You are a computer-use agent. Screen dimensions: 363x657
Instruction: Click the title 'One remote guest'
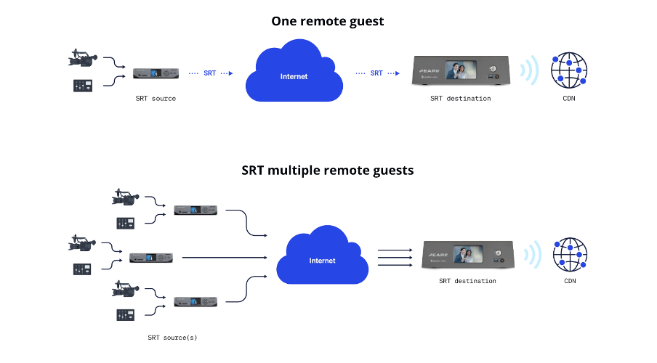coord(328,21)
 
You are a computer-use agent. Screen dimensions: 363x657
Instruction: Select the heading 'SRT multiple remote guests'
coord(328,171)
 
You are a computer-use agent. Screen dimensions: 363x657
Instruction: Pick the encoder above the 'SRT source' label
coord(156,73)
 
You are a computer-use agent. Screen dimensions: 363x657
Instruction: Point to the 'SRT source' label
coord(156,98)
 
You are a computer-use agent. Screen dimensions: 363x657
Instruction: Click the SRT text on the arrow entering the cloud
coord(209,73)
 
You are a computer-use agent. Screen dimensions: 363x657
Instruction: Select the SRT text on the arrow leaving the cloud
coord(376,73)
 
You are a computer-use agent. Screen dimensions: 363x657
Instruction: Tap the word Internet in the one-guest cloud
coord(294,76)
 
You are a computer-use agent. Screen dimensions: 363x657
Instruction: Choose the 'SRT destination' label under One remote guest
coord(460,98)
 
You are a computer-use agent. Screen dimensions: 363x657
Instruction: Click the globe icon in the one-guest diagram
coord(569,71)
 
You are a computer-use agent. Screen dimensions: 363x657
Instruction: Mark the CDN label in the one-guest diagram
coord(569,98)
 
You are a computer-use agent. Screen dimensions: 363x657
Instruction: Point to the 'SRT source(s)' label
coord(172,338)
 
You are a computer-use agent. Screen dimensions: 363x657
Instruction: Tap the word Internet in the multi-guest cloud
coord(323,261)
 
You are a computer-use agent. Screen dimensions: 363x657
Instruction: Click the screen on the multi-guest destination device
coord(469,255)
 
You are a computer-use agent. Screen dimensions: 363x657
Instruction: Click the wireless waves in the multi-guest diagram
coord(534,255)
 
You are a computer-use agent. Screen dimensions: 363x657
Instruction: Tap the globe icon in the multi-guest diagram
coord(571,255)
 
